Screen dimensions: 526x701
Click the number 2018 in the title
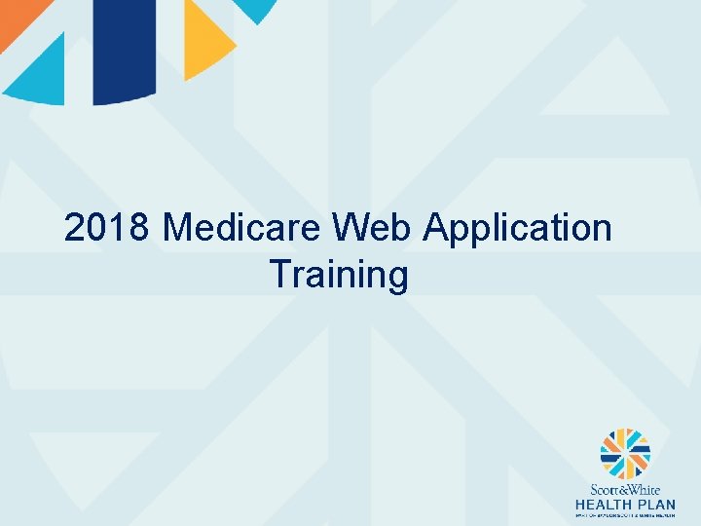pos(107,229)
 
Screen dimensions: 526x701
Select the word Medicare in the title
pos(243,229)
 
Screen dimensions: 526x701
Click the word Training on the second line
pos(339,276)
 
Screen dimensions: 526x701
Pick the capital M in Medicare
pos(179,229)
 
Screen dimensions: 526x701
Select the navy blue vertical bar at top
pos(125,49)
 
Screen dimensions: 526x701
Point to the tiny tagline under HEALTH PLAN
pos(625,515)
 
